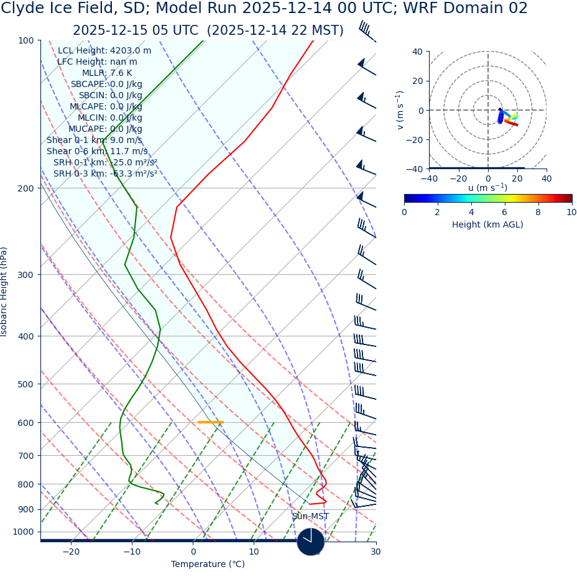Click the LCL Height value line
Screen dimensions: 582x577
[104, 51]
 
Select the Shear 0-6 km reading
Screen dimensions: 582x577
[97, 151]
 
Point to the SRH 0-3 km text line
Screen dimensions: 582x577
[105, 173]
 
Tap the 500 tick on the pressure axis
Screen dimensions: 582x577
[26, 384]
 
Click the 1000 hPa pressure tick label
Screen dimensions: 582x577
[23, 532]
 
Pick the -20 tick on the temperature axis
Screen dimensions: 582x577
[71, 552]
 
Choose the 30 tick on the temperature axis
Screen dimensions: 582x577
[376, 552]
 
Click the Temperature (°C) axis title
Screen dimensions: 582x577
[208, 564]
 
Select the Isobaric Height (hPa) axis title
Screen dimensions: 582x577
[4, 292]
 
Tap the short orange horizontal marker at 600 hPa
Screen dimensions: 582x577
[210, 422]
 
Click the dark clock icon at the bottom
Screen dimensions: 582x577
[310, 541]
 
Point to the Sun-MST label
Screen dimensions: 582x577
[310, 516]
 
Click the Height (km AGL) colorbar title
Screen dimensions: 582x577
[487, 224]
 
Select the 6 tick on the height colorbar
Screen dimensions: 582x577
[504, 212]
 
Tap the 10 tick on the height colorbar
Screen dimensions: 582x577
[571, 212]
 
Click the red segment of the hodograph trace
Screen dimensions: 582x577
[511, 122]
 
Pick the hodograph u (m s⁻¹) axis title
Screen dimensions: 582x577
[487, 188]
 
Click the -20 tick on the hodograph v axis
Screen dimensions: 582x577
[417, 139]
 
